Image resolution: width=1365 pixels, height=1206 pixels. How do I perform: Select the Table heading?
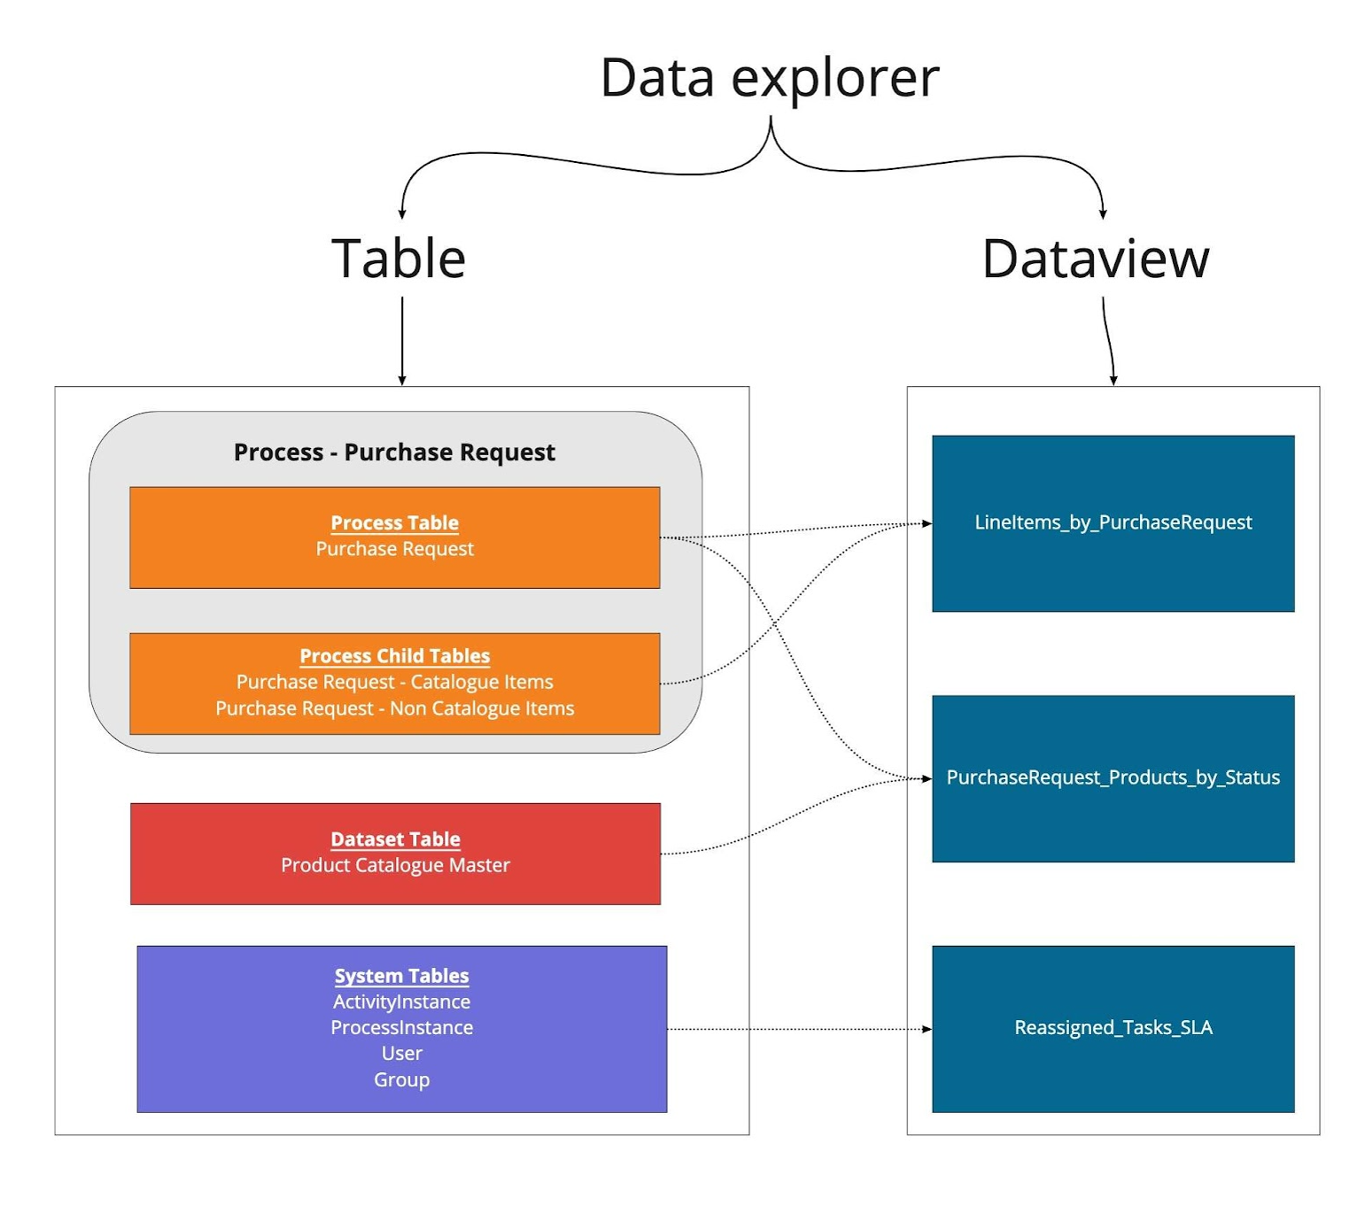click(399, 258)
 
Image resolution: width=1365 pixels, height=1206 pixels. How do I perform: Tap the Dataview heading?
click(1095, 259)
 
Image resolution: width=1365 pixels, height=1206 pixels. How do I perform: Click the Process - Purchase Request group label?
click(394, 452)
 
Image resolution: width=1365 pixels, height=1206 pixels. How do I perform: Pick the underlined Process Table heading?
click(394, 522)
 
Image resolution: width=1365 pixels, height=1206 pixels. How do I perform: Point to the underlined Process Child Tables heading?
click(394, 655)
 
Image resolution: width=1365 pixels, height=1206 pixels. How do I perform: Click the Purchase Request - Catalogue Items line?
click(394, 682)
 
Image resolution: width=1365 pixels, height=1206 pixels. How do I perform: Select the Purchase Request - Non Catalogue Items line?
click(394, 707)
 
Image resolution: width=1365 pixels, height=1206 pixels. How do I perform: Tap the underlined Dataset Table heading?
click(395, 839)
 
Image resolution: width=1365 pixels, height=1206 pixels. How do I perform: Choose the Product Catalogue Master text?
click(395, 864)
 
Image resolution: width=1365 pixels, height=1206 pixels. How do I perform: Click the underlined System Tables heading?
click(401, 976)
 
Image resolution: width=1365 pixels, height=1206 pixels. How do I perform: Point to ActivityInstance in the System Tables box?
click(401, 1001)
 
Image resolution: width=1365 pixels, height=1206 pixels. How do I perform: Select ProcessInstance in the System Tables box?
click(401, 1027)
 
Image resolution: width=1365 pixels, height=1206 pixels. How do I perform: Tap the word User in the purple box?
click(401, 1053)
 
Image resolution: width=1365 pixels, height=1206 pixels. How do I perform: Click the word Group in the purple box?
click(401, 1079)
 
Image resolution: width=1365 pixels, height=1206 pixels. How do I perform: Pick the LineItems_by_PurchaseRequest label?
click(1113, 522)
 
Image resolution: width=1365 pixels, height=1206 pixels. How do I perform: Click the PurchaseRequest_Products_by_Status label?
click(1113, 777)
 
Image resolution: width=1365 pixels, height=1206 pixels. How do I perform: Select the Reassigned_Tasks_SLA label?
click(1113, 1027)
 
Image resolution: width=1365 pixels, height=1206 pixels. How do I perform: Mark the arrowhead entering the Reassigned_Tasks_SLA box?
click(927, 1029)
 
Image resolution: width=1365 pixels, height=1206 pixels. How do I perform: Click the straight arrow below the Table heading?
click(401, 341)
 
